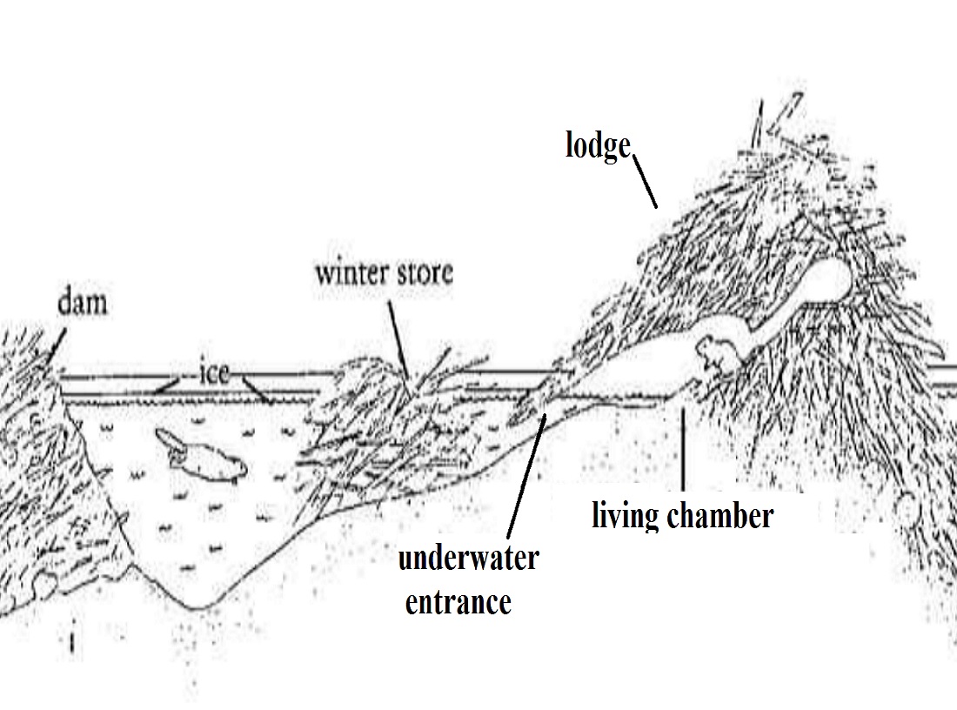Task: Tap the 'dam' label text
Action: [83, 304]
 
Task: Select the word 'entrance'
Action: [458, 600]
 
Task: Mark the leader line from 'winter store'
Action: [398, 334]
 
